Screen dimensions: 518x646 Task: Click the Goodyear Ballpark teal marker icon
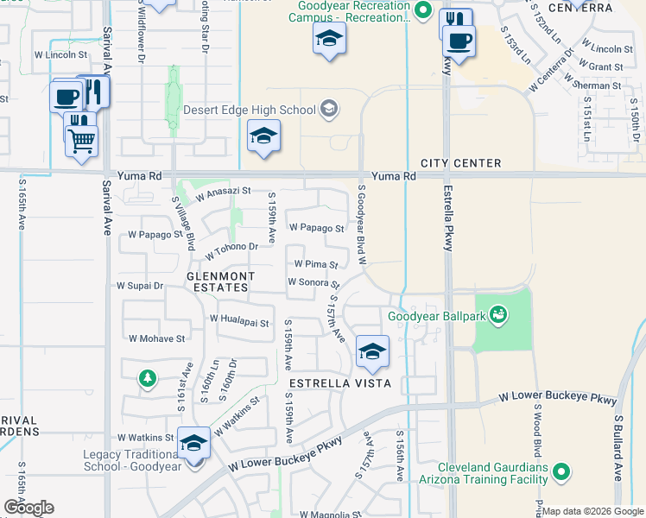[497, 314]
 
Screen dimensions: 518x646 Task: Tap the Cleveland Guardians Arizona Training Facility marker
[561, 471]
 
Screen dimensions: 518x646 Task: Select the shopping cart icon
[81, 140]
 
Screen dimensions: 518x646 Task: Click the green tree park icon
[148, 377]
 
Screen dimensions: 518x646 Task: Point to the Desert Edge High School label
[250, 111]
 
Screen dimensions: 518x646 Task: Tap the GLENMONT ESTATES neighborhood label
[221, 281]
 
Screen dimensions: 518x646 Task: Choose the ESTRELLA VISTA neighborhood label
[340, 382]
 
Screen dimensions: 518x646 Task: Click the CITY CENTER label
[460, 163]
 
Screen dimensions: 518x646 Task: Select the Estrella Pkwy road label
[448, 219]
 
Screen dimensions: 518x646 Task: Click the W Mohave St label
[156, 339]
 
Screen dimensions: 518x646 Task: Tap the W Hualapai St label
[240, 319]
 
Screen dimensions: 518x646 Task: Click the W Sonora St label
[313, 282]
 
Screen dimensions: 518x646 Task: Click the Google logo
[28, 508]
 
